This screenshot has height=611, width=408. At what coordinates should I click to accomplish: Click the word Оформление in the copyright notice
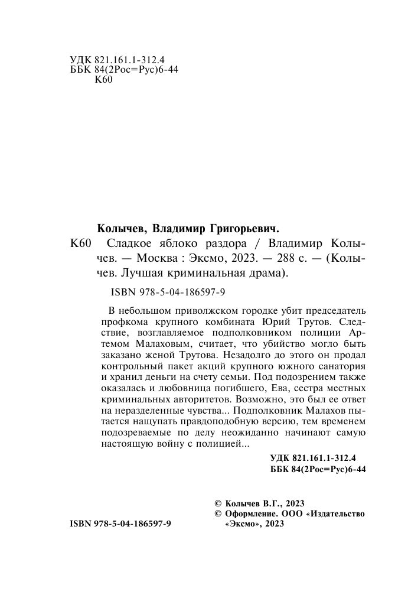(x=251, y=514)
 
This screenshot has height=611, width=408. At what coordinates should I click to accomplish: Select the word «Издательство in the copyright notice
(x=337, y=514)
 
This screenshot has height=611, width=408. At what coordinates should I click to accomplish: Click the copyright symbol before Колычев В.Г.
(x=217, y=503)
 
